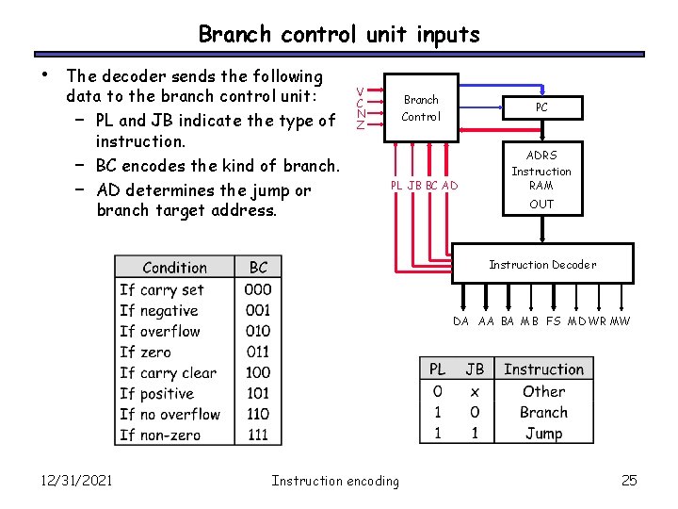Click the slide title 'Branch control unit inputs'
(339, 35)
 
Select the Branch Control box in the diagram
(421, 108)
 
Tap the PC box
(541, 107)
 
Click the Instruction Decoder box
(541, 265)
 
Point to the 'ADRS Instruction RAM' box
(541, 178)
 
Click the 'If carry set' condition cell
(162, 289)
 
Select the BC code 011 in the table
(258, 352)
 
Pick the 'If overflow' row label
(160, 331)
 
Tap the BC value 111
(258, 435)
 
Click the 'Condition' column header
(174, 268)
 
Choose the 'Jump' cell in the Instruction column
(543, 434)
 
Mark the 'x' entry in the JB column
(475, 391)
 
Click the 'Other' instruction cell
(543, 391)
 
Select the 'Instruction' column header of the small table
(543, 369)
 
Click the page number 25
(629, 481)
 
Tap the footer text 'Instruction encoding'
(335, 481)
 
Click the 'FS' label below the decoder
(554, 321)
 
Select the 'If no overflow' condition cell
(169, 414)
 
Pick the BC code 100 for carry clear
(258, 372)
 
